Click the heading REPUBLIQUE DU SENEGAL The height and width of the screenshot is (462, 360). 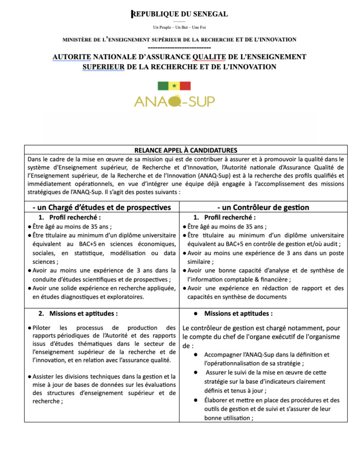179,14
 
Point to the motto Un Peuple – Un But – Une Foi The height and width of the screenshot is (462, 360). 179,27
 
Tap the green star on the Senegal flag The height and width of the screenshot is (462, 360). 174,86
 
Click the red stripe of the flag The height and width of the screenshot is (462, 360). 185,86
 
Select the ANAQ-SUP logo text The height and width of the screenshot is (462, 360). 174,101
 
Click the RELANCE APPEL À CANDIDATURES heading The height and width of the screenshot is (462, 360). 185,150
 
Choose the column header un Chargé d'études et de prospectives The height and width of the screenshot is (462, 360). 101,207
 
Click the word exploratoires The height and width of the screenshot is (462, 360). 124,297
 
